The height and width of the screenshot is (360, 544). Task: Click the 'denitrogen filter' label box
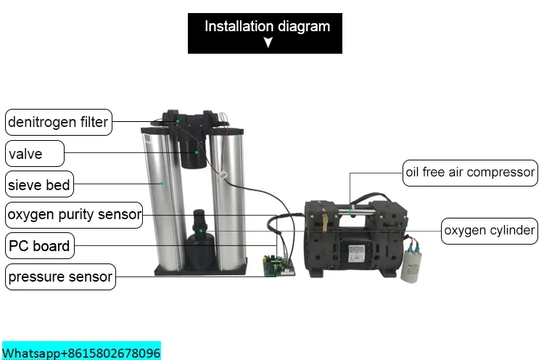[58, 122]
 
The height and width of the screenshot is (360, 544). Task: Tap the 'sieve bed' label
[39, 185]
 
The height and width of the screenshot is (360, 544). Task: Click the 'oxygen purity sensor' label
[74, 215]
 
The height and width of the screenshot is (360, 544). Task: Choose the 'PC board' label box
[40, 246]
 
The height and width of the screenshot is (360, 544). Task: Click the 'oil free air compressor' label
[470, 173]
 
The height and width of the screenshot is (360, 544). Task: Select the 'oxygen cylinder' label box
[490, 232]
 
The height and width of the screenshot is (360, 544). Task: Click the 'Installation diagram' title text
[267, 27]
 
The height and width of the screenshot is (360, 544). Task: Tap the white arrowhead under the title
[268, 43]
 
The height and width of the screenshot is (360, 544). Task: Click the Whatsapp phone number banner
[81, 353]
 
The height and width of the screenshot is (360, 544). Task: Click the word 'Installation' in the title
[239, 27]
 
